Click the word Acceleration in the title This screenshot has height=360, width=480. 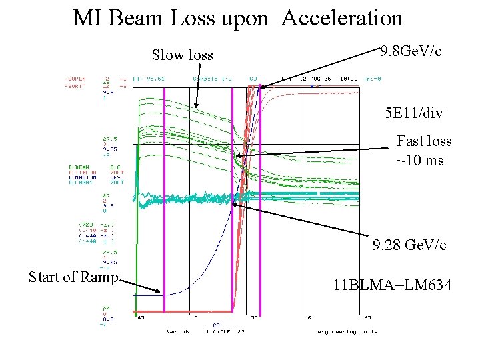point(342,18)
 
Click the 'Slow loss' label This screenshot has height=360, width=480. point(183,55)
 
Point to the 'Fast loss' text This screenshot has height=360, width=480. point(424,141)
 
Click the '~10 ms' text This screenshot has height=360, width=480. point(419,160)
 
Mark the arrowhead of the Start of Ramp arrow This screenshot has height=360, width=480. point(159,291)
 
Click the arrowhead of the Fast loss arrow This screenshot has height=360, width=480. point(236,156)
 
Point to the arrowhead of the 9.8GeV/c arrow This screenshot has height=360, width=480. point(261,87)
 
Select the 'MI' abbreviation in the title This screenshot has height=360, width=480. point(87,18)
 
